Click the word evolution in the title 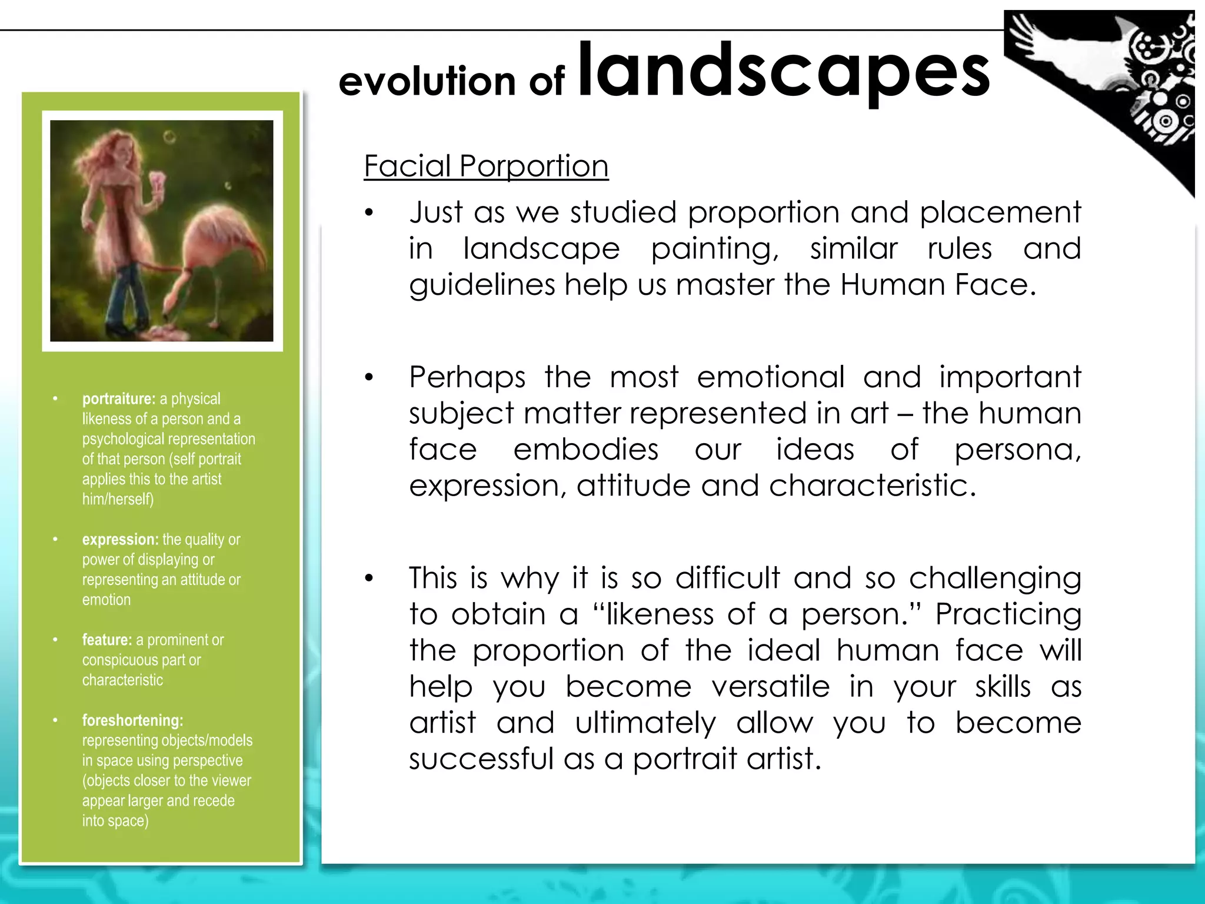(x=426, y=81)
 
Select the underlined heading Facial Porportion (x=485, y=166)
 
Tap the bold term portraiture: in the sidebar (x=118, y=399)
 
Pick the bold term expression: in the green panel (x=120, y=540)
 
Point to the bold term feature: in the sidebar (x=106, y=640)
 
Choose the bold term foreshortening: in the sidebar (x=132, y=720)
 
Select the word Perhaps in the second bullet (x=467, y=377)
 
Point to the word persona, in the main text (x=1017, y=450)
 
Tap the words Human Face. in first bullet (x=937, y=285)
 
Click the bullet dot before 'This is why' (x=369, y=578)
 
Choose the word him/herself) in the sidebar (x=118, y=500)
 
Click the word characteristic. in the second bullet (x=872, y=486)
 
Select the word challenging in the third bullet (x=995, y=579)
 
